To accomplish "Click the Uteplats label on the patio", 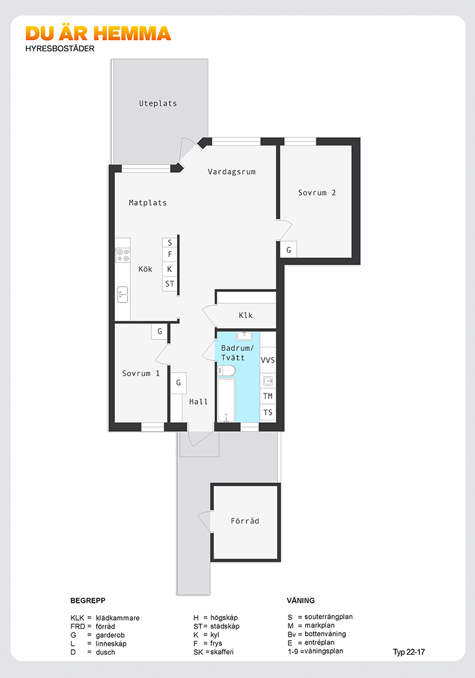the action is [157, 103].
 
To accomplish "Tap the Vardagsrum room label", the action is [232, 172].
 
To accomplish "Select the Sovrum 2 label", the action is [316, 193].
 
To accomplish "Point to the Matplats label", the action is [148, 203].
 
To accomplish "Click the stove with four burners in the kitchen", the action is [123, 255].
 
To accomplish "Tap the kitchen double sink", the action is [123, 295].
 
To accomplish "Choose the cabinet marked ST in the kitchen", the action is [169, 283].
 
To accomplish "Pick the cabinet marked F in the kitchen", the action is [169, 254].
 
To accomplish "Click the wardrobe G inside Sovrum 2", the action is [288, 249].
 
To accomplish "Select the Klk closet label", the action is [246, 316].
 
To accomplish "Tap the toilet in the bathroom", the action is [226, 371].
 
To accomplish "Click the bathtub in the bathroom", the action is [226, 399].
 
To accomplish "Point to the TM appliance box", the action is [268, 396].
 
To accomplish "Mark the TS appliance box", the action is [268, 413].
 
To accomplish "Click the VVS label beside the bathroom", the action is [268, 360].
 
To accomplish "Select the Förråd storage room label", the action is [245, 521].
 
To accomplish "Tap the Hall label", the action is [199, 402].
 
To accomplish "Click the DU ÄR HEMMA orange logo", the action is [98, 33].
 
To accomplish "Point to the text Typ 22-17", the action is [409, 652].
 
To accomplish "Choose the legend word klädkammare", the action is [118, 618].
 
